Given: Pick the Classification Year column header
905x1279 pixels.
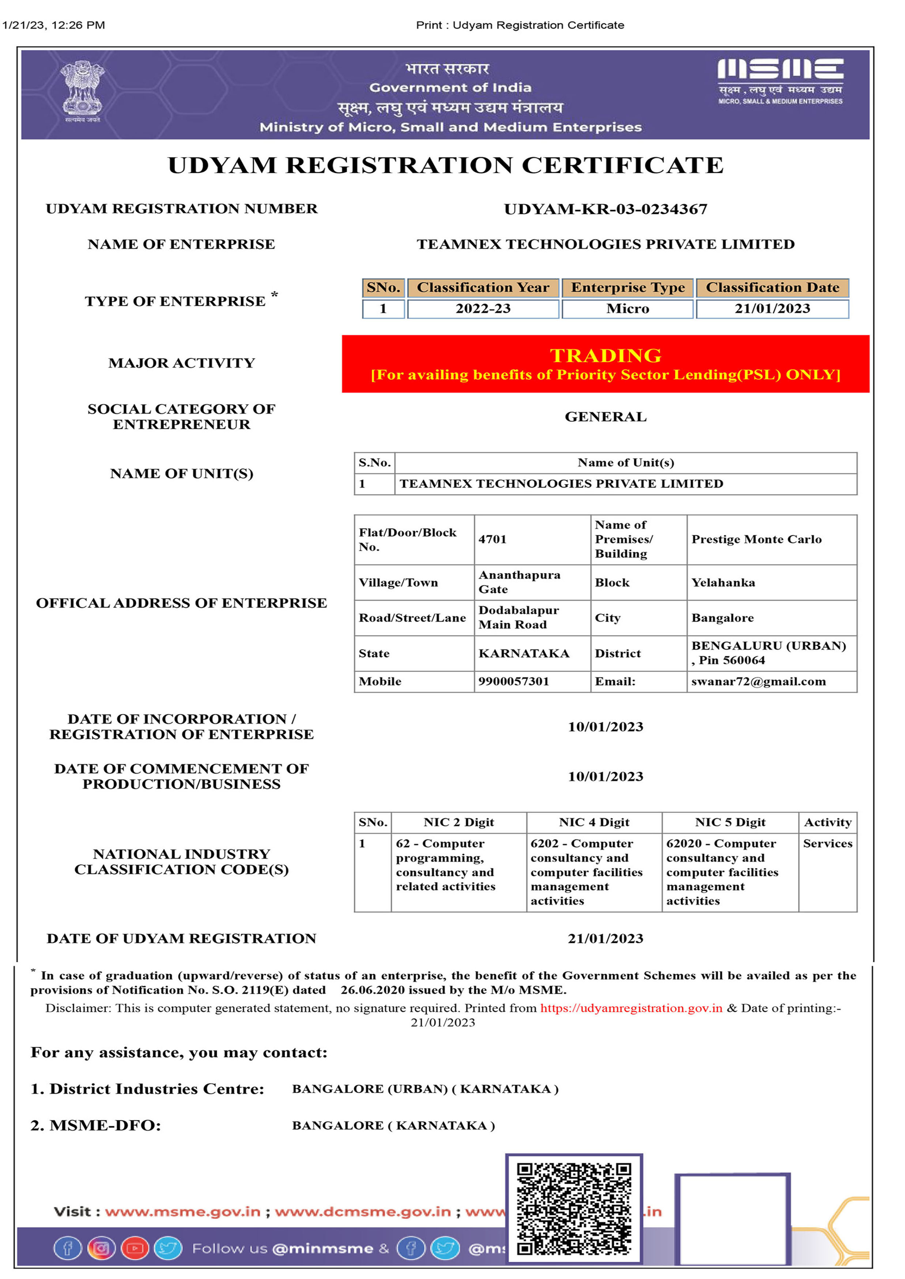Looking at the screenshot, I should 483,288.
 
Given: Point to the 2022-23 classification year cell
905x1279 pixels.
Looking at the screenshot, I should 483,309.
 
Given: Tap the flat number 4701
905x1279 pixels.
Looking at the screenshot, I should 493,539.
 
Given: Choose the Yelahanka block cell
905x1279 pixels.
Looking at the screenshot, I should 723,583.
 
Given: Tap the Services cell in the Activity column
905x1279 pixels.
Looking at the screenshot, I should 827,843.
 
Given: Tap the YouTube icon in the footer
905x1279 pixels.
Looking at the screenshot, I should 134,1248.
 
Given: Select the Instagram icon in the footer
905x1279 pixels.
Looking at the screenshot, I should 101,1248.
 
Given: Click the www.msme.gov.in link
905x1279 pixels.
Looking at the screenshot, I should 183,1212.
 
